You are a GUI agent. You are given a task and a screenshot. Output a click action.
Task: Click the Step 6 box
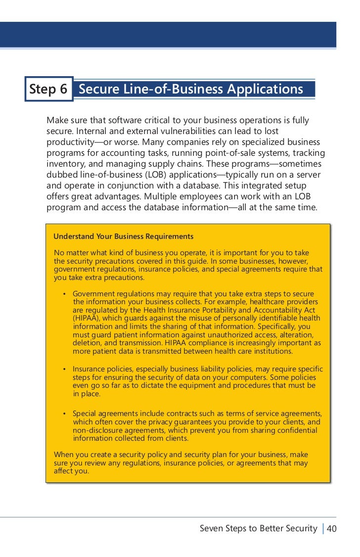pyautogui.click(x=48, y=89)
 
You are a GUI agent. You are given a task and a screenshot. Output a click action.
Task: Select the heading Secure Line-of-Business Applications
pyautogui.click(x=191, y=89)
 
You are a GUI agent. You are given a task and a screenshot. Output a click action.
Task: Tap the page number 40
pyautogui.click(x=332, y=529)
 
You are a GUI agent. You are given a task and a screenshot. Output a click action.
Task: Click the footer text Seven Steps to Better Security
pyautogui.click(x=258, y=528)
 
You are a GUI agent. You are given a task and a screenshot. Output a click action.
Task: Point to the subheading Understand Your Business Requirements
pyautogui.click(x=123, y=236)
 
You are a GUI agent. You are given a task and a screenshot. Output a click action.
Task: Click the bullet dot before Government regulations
pyautogui.click(x=65, y=293)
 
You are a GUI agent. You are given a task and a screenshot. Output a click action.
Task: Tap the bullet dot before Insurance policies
pyautogui.click(x=65, y=369)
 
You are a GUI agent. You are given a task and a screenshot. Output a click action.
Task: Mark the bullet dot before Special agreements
pyautogui.click(x=65, y=414)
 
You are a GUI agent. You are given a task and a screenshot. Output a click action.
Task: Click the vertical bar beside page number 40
pyautogui.click(x=323, y=529)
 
